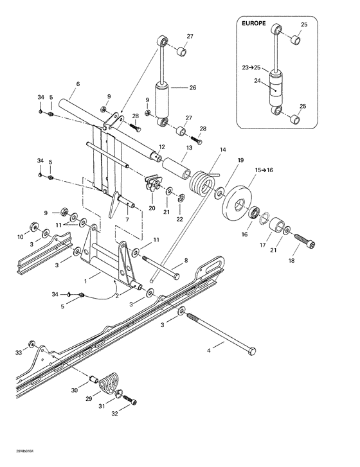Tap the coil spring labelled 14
coord(204,181)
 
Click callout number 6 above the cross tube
coord(78,84)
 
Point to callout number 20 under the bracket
coord(152,207)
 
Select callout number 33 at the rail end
coord(19,353)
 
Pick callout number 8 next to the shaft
coord(186,260)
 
